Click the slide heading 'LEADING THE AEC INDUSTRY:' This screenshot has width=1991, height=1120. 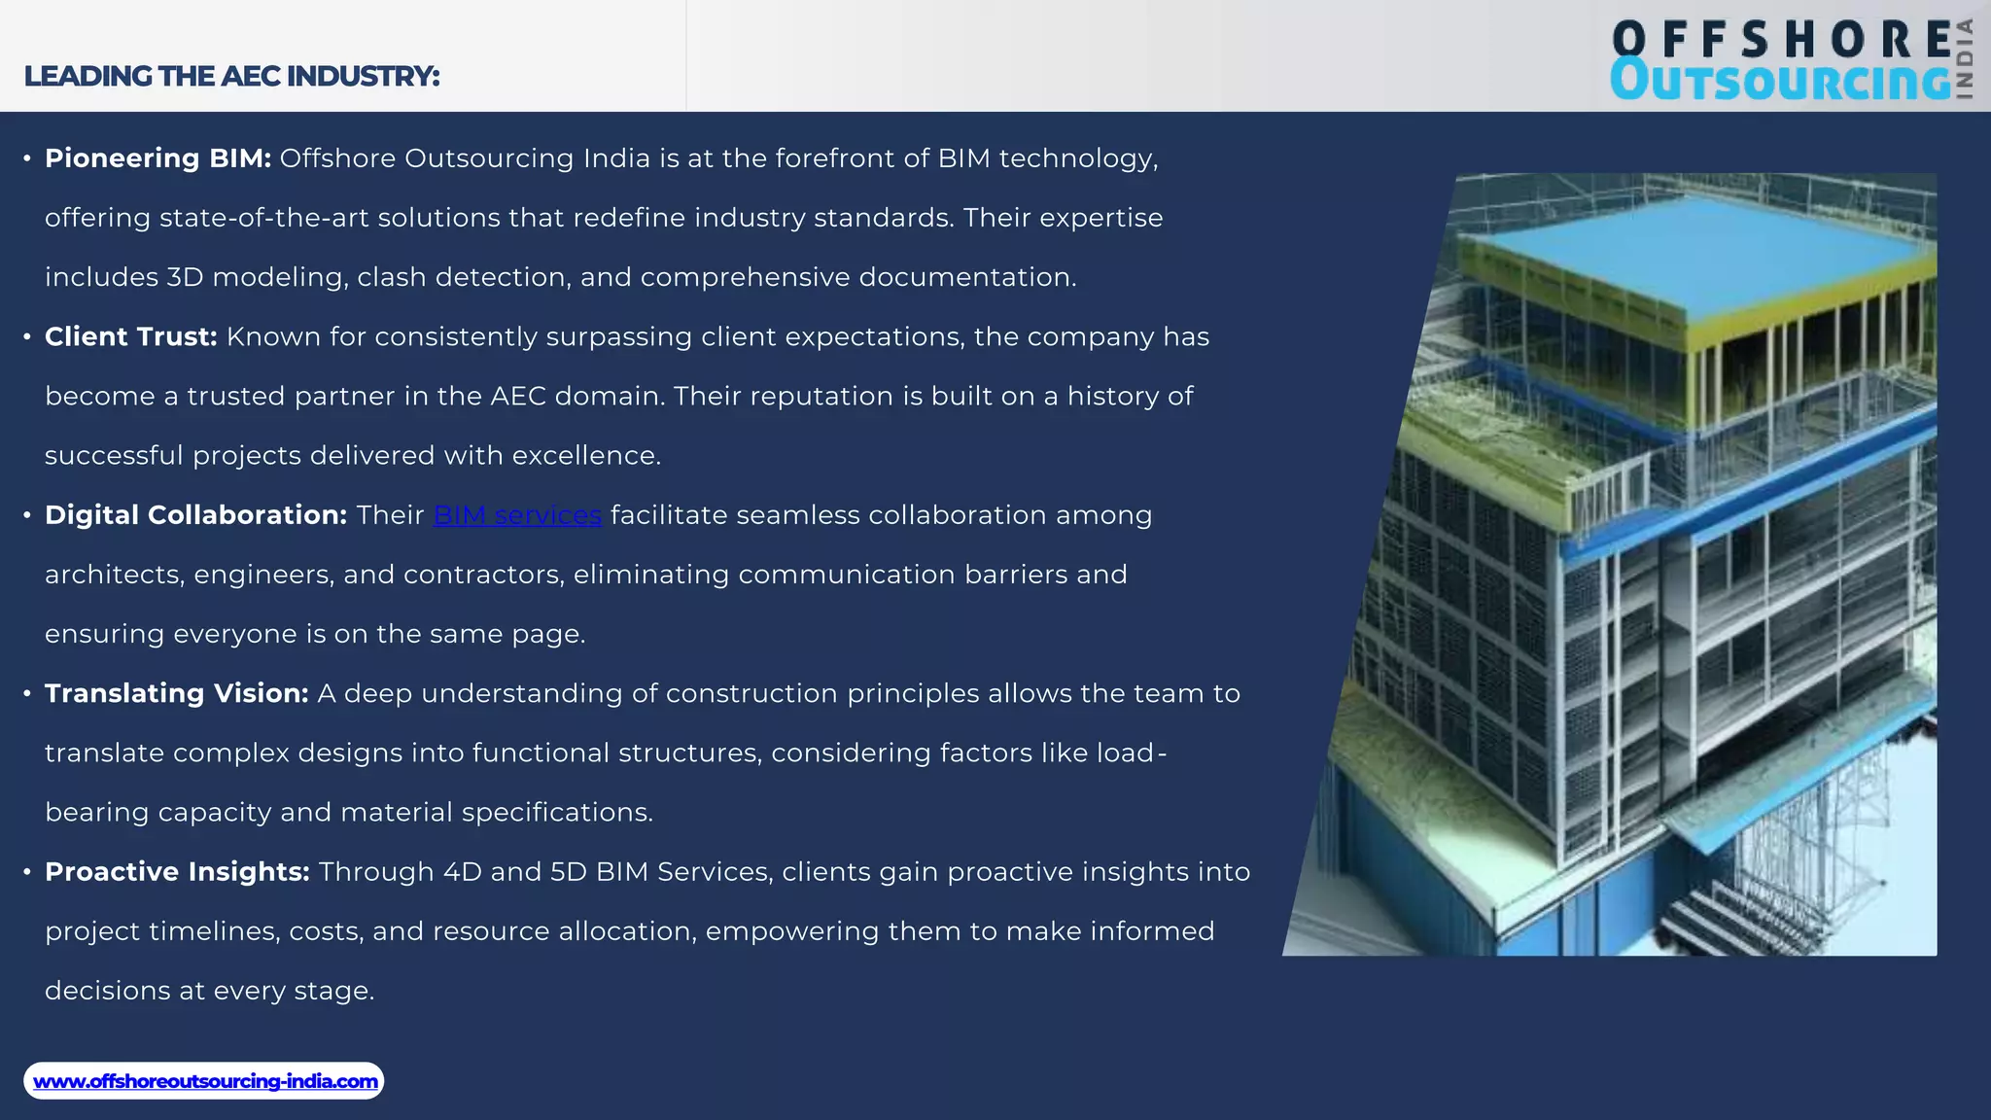click(231, 76)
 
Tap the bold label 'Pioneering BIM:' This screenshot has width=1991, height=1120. click(157, 158)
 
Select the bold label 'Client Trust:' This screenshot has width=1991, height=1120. click(130, 336)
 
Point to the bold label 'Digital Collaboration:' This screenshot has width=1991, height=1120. click(195, 515)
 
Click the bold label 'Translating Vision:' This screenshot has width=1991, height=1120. click(176, 693)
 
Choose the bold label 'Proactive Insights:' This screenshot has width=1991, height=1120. click(177, 872)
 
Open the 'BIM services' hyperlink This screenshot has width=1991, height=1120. click(517, 515)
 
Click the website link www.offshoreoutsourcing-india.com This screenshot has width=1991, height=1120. click(205, 1081)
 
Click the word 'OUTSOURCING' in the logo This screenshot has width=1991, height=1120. click(1779, 81)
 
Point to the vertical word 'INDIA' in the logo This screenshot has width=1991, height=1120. click(1965, 58)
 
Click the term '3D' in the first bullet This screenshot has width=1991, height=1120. click(185, 277)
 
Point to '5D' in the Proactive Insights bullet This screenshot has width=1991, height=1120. click(569, 872)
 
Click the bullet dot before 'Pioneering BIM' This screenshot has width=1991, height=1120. click(27, 158)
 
